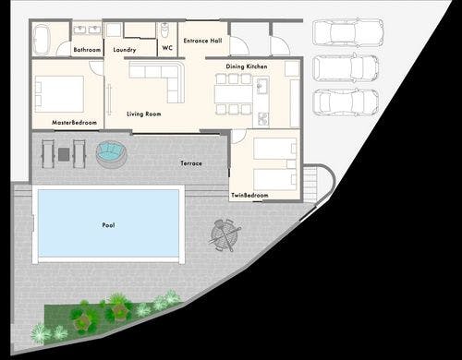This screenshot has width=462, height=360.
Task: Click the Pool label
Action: click(108, 225)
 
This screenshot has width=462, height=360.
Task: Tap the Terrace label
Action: click(191, 163)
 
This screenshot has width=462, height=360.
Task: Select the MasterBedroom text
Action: click(74, 123)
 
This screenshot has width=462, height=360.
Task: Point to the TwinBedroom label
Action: click(249, 195)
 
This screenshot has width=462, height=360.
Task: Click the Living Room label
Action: click(144, 114)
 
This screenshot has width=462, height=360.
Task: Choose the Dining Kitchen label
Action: click(247, 66)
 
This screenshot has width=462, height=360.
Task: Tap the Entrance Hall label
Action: click(202, 41)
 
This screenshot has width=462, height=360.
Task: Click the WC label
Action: click(167, 48)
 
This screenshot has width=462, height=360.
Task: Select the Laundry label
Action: click(125, 50)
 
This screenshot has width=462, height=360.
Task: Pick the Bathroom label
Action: click(87, 50)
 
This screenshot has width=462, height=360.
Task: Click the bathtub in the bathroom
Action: click(42, 40)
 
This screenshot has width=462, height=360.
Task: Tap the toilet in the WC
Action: click(165, 31)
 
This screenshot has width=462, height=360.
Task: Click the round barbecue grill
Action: click(225, 234)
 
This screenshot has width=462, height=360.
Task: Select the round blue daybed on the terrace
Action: click(111, 155)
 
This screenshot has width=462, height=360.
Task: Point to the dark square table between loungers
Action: click(64, 154)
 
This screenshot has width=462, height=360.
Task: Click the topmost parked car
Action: click(348, 33)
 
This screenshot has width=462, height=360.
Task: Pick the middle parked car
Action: click(346, 68)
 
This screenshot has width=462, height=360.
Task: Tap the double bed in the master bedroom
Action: click(59, 94)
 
